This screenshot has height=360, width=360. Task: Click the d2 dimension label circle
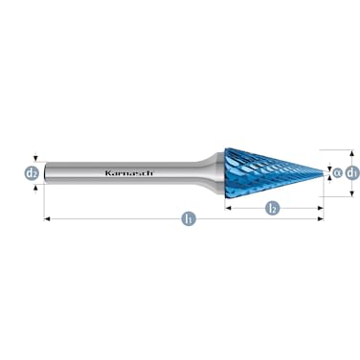click(x=32, y=173)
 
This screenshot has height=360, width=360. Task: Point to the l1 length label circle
click(x=188, y=219)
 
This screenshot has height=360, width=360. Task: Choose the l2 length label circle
click(x=272, y=207)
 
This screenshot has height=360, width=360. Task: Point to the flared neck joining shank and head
click(x=209, y=172)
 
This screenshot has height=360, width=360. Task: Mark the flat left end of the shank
click(x=46, y=173)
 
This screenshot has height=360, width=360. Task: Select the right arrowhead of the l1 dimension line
click(x=322, y=219)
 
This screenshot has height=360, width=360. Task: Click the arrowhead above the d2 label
click(x=35, y=160)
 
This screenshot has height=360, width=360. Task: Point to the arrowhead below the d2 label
click(x=35, y=187)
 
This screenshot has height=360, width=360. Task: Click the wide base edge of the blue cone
click(x=225, y=172)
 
